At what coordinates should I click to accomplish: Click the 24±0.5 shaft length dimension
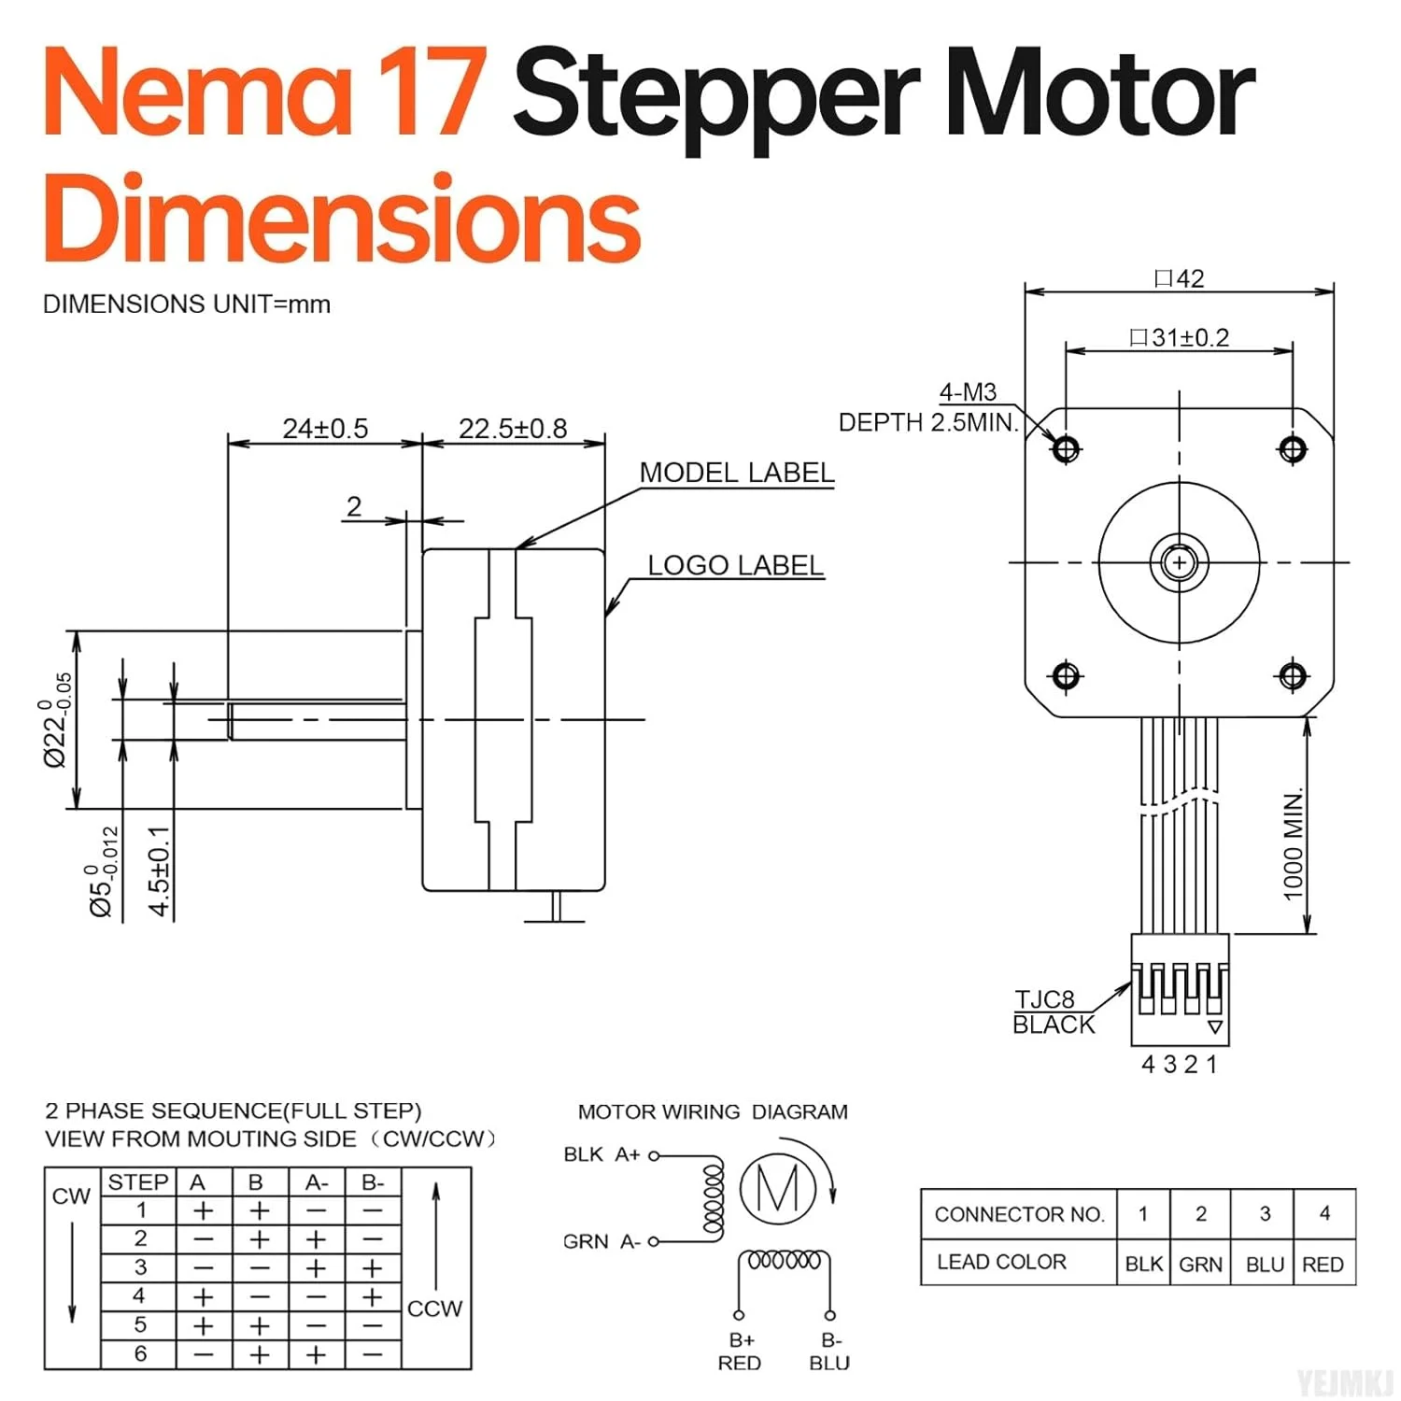click(325, 429)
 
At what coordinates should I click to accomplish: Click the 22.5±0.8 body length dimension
click(513, 429)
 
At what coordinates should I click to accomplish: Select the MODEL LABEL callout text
click(736, 473)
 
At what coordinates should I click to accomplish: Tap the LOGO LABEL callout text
click(735, 565)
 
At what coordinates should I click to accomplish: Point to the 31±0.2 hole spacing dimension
click(1180, 337)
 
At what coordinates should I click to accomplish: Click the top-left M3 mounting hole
click(1066, 449)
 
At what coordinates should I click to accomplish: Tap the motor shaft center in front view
click(1179, 562)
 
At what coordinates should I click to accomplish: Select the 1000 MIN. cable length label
click(1293, 845)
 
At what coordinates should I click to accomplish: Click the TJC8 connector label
click(1045, 999)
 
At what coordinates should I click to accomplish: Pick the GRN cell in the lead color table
click(1200, 1264)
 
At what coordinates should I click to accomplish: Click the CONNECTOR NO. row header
click(1019, 1214)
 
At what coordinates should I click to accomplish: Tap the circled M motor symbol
click(777, 1188)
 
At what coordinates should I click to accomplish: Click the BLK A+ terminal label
click(601, 1154)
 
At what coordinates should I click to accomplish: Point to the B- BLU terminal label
click(829, 1351)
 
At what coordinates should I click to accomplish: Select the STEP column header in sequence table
click(138, 1182)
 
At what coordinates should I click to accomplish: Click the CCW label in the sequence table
click(434, 1309)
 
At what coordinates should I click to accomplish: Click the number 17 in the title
click(432, 93)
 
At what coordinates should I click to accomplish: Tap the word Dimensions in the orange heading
click(342, 220)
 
